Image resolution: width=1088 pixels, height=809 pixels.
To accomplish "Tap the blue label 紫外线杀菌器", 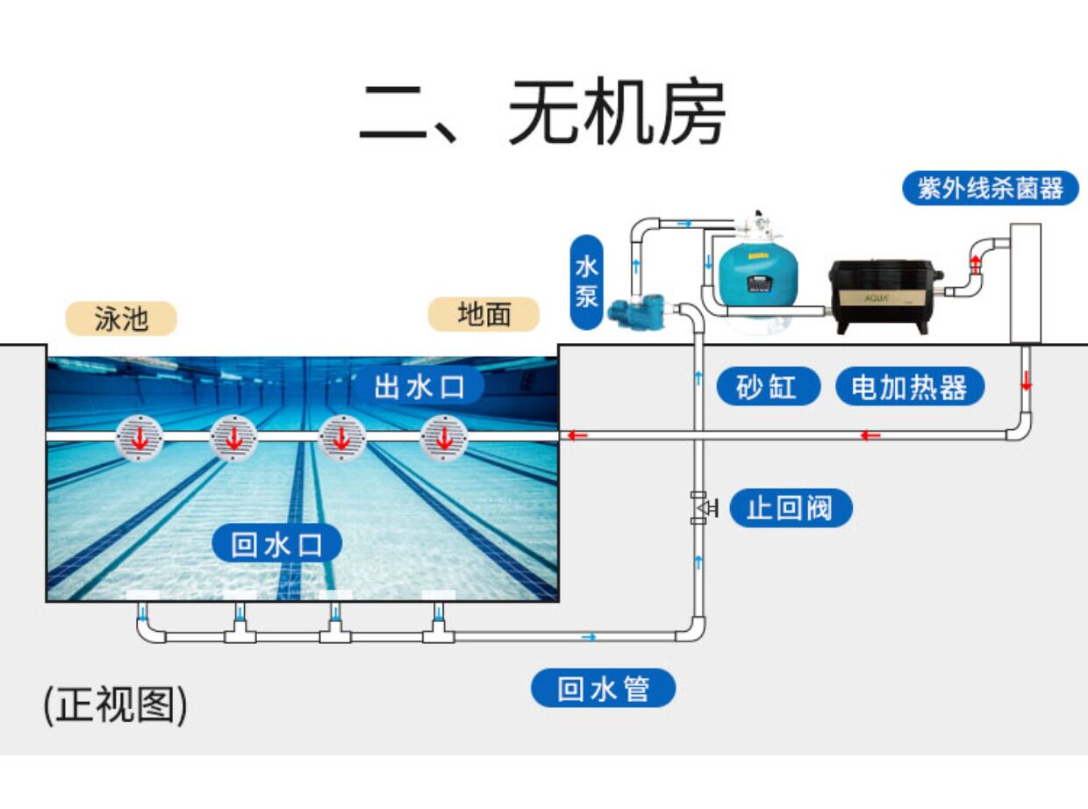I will point(990,188).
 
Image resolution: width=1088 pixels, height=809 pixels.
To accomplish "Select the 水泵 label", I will point(587,282).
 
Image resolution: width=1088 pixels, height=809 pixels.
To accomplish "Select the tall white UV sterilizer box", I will point(1025,282).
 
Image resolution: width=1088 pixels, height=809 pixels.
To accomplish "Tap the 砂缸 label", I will point(768,386).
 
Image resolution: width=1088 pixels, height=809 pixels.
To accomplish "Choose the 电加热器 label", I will point(909,386).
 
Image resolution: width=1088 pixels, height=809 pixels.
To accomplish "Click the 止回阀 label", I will point(790,508).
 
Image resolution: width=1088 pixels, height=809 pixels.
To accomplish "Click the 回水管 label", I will point(604,688).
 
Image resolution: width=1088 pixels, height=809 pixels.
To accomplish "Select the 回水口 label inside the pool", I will point(276,545).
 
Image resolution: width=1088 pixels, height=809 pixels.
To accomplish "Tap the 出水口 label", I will point(419,385).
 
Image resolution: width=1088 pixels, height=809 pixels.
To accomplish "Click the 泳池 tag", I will point(122,319).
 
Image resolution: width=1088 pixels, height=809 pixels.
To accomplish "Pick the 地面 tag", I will point(483,314).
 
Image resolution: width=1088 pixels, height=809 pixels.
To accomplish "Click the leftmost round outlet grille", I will point(140,437).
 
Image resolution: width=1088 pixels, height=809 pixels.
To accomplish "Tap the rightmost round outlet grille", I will point(443,437).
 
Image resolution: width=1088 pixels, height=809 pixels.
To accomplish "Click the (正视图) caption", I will point(115,705).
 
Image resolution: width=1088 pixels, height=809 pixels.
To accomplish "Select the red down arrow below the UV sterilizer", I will point(1026,383).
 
